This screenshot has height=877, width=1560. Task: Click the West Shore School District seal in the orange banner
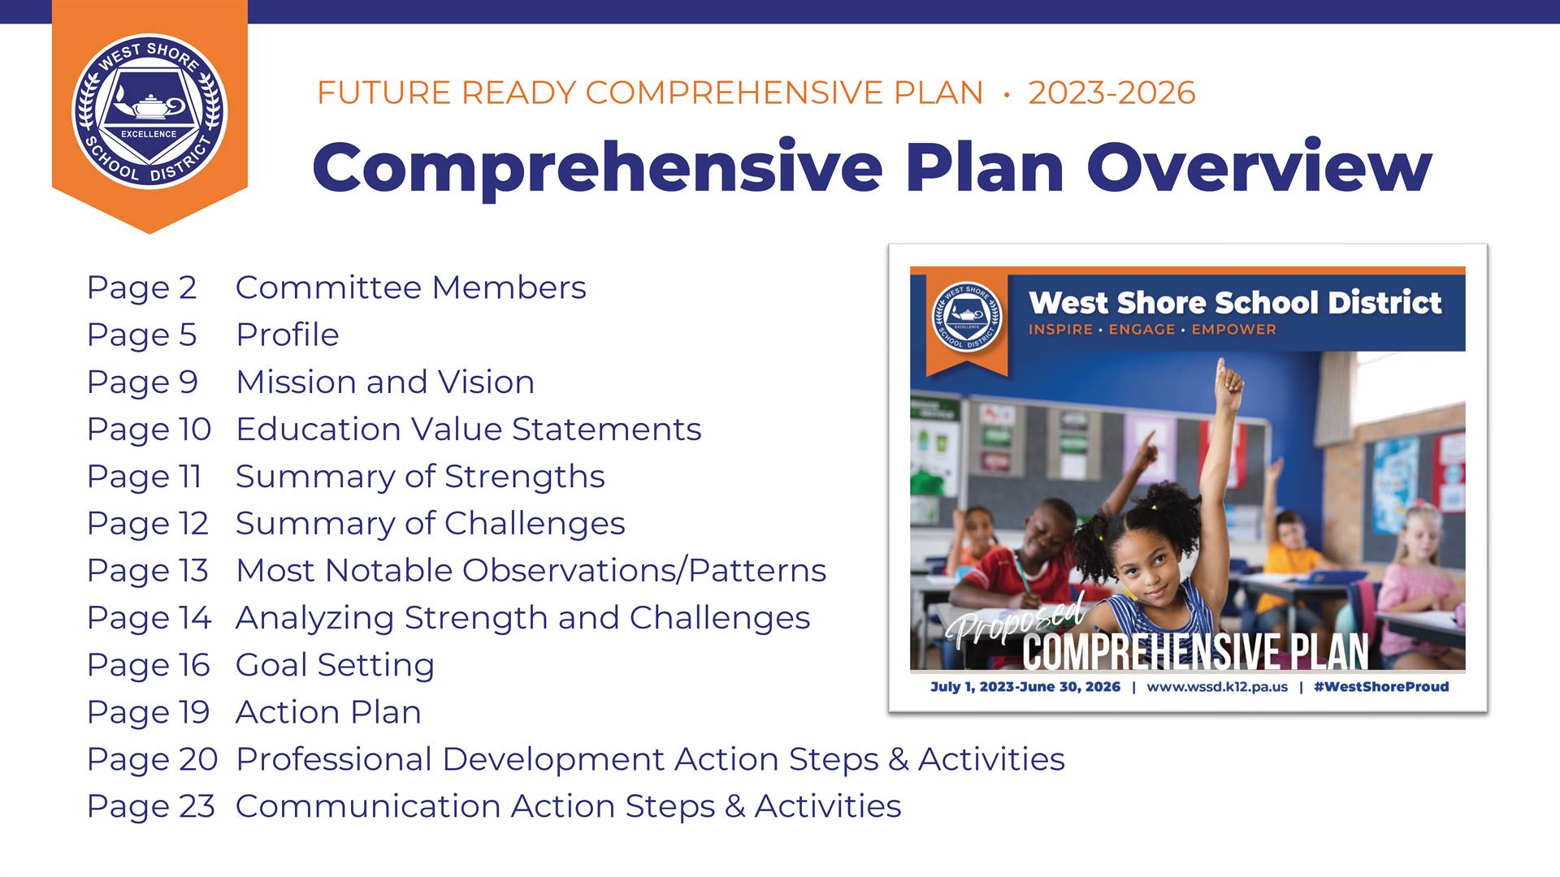(149, 110)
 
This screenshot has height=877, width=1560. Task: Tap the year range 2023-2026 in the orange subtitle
(1111, 93)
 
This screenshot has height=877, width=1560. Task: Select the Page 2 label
(141, 288)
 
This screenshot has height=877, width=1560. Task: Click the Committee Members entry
(410, 287)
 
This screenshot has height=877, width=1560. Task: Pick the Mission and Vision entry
(385, 382)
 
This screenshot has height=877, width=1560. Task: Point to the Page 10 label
(149, 430)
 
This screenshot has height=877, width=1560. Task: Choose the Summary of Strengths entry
(420, 477)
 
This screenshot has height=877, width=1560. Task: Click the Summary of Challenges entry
(430, 524)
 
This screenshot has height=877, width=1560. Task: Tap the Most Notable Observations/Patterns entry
(531, 570)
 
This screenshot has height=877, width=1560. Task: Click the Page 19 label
(148, 712)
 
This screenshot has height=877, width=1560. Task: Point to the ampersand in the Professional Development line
(898, 759)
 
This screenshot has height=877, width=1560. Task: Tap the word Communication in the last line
(367, 806)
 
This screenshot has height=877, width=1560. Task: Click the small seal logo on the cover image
(967, 317)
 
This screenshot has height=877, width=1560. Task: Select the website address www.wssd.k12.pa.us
(1217, 687)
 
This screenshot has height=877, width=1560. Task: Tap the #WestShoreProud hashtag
(1381, 687)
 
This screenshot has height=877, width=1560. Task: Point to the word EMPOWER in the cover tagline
(1233, 330)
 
